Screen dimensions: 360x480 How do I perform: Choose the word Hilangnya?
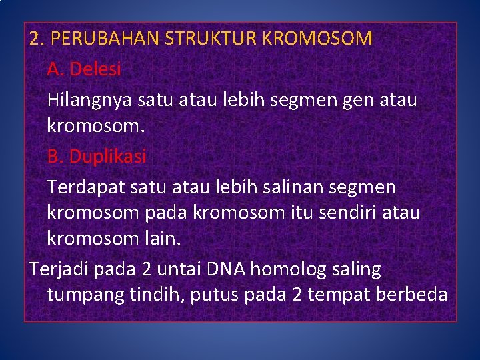[x=90, y=100]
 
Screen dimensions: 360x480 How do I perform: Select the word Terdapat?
[x=83, y=187]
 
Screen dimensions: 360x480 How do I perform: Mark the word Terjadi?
[x=59, y=269]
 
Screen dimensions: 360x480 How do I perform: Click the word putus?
[x=214, y=295]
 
